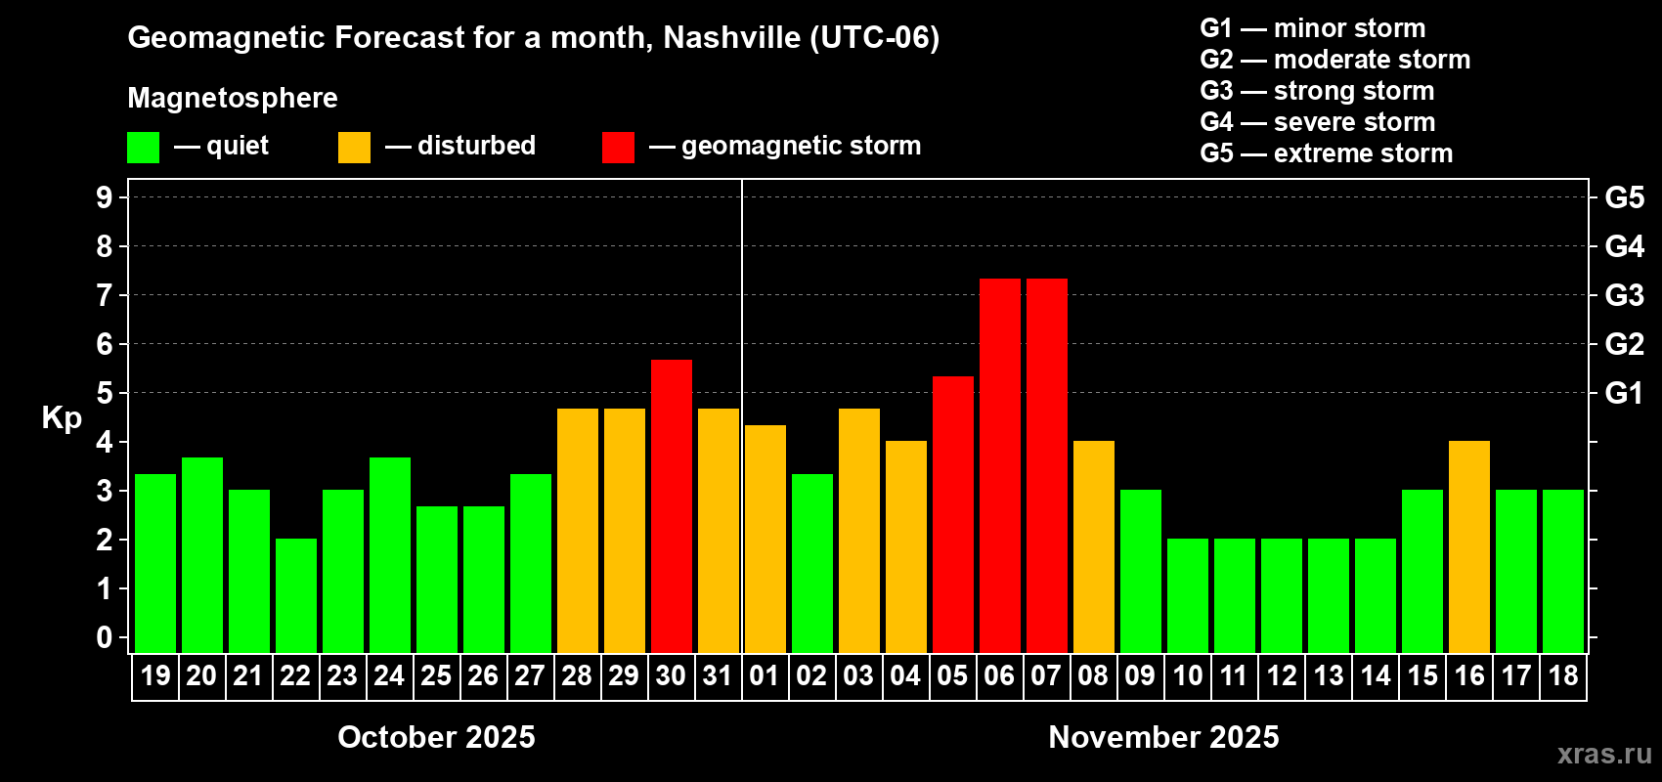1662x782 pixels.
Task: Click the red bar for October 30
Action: (672, 505)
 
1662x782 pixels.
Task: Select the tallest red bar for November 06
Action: (1000, 465)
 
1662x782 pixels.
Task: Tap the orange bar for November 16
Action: (1469, 546)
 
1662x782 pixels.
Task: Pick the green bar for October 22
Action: (296, 595)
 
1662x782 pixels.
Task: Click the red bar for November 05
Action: (953, 514)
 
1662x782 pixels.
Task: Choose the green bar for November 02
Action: (812, 563)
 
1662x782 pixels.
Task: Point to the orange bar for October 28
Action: (578, 530)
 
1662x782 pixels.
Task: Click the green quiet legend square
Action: (143, 148)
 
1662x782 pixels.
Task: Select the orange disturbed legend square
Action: (354, 148)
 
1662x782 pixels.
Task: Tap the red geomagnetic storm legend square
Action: (618, 148)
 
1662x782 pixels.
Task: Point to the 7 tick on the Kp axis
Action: (105, 295)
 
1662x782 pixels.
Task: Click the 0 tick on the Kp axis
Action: (105, 638)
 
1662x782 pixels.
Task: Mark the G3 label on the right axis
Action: (1624, 295)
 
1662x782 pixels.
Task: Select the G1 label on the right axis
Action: (1624, 393)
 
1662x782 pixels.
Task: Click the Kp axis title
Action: (62, 417)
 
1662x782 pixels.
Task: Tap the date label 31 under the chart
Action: (718, 675)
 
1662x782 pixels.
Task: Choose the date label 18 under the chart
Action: (1563, 675)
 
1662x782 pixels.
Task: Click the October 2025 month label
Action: (436, 737)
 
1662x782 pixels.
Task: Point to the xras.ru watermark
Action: (1603, 754)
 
